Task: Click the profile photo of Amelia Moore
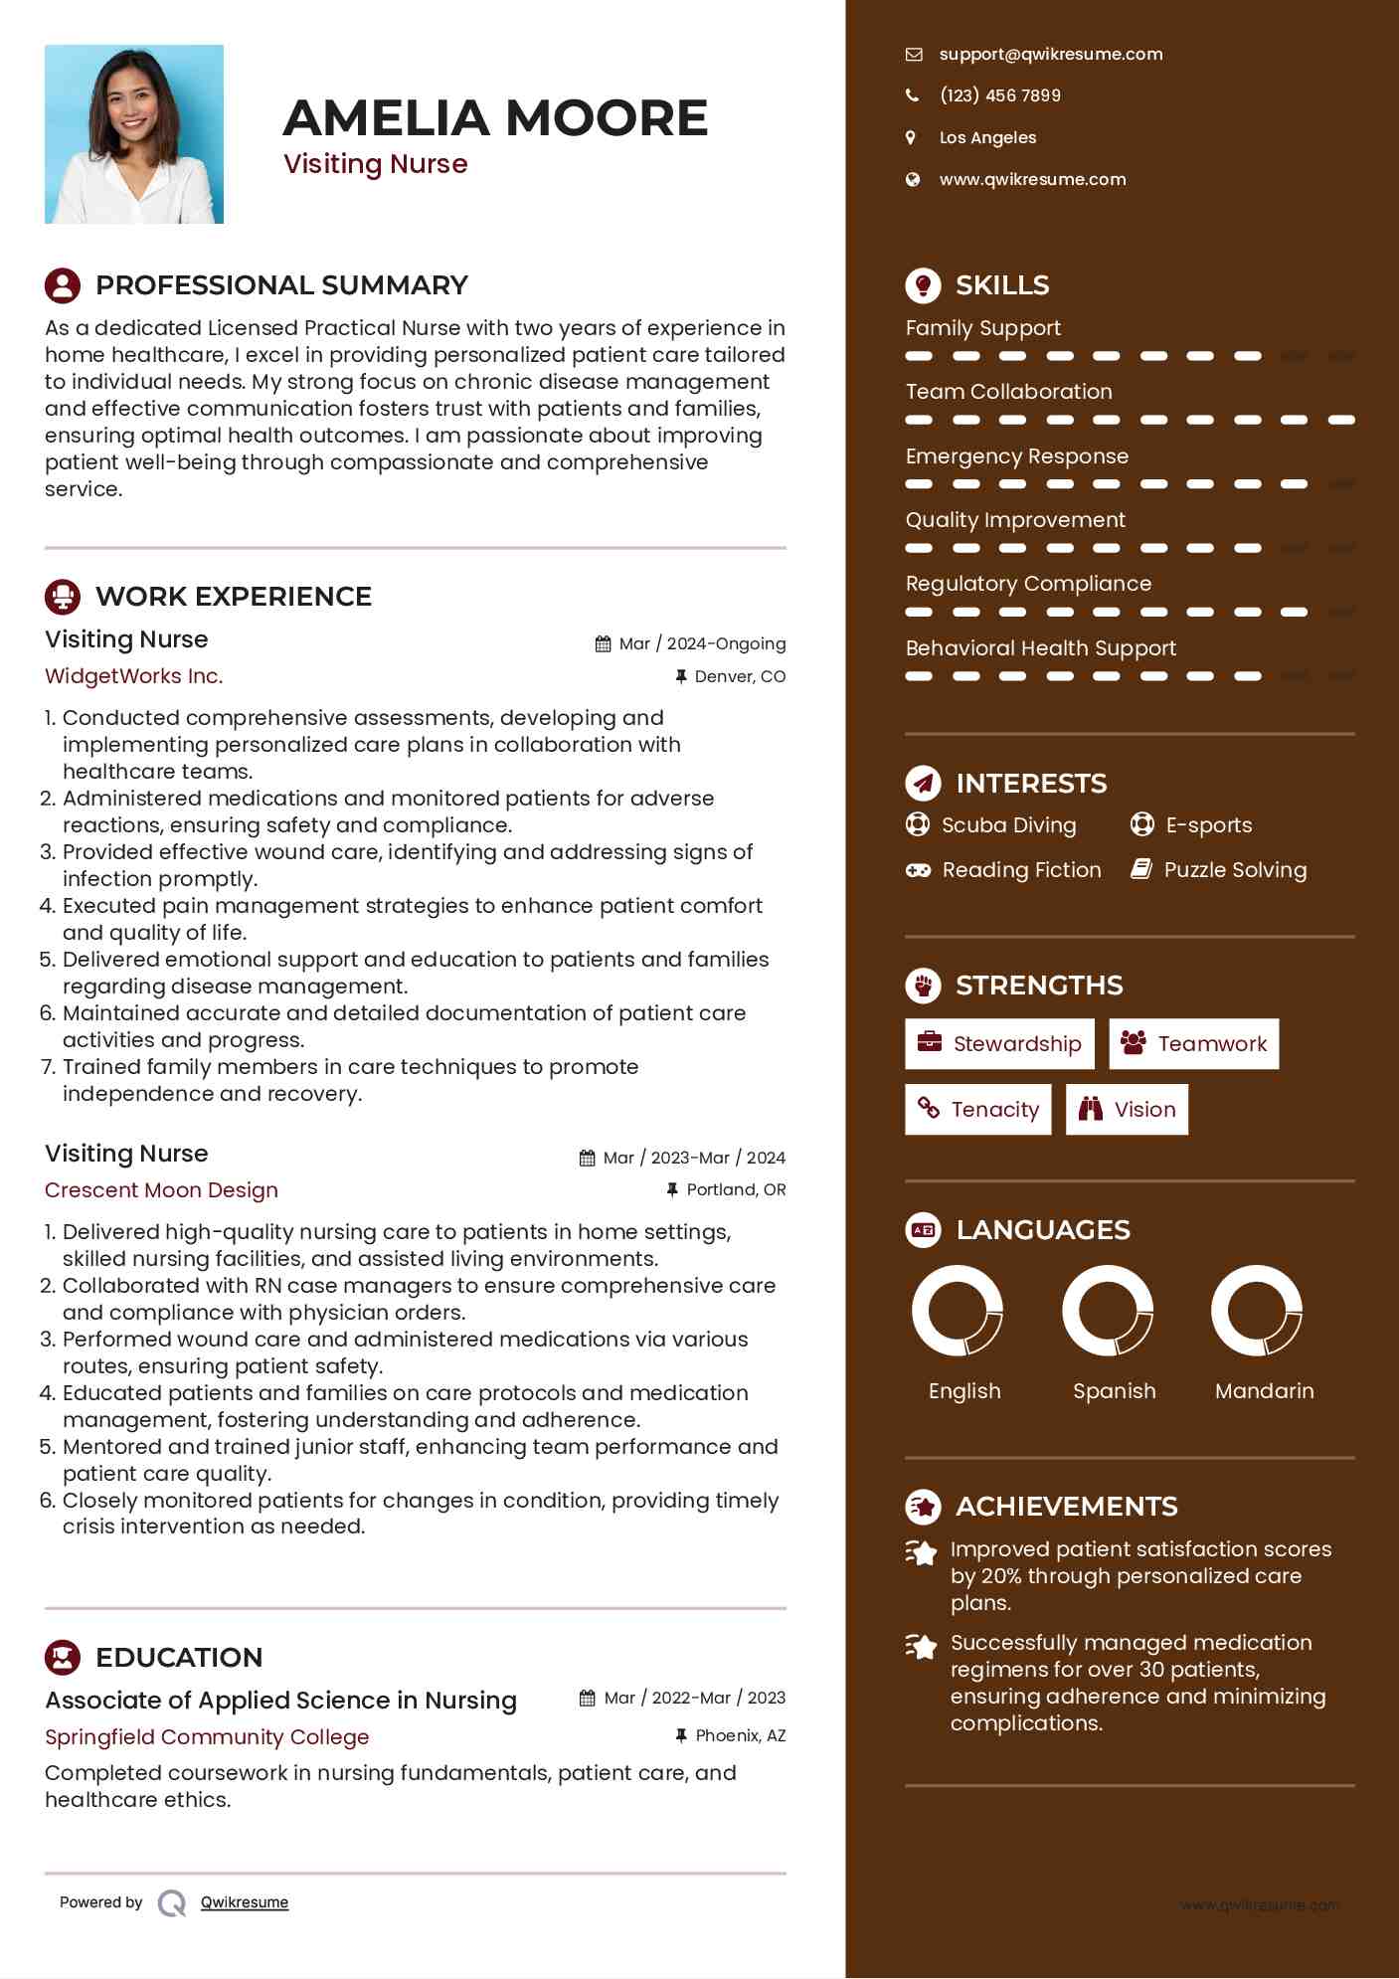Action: (x=134, y=134)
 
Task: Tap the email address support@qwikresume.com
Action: (x=1050, y=55)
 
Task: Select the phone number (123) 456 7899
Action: (x=999, y=95)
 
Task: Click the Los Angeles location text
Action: (x=987, y=138)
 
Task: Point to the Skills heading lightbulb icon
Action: (x=923, y=285)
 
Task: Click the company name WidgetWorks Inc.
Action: (x=134, y=676)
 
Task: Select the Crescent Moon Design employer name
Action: (x=161, y=1190)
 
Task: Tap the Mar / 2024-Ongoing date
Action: (x=702, y=644)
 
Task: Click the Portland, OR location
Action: (x=736, y=1190)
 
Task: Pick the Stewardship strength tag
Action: (x=999, y=1044)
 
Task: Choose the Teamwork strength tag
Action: (x=1193, y=1044)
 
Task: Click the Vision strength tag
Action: (x=1127, y=1110)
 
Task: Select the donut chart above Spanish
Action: (x=1108, y=1311)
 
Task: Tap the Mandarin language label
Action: (x=1264, y=1391)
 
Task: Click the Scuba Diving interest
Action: (x=1008, y=825)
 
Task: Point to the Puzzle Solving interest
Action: (x=1235, y=870)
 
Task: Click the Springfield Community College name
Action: (x=207, y=1737)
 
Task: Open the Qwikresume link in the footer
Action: (x=244, y=1902)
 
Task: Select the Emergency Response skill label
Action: (x=1016, y=456)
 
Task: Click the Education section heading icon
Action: (x=63, y=1657)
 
